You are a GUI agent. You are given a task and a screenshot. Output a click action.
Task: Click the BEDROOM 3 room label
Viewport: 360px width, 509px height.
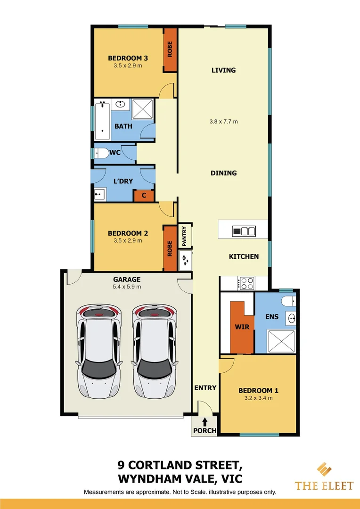(128, 58)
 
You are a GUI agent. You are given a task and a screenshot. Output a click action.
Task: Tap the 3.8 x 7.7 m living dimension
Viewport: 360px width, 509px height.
(223, 122)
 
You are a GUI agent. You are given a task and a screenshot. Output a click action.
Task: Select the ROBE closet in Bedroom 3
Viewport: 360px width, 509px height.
(170, 50)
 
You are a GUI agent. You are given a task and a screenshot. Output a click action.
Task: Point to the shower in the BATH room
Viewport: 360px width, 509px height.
(143, 109)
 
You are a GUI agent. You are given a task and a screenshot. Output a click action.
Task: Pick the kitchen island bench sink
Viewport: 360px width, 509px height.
(244, 231)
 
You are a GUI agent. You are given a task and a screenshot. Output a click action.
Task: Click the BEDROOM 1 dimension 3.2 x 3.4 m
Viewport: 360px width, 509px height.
(258, 398)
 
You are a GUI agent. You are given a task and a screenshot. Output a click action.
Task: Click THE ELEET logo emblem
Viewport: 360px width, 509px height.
(324, 469)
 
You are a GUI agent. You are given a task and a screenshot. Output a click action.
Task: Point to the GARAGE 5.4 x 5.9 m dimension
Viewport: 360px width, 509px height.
(126, 286)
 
